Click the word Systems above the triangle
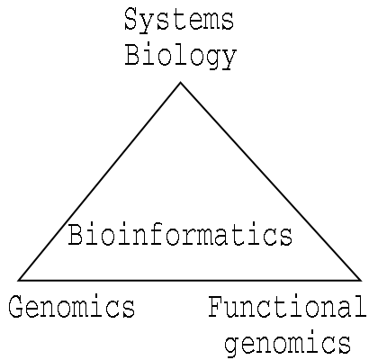(179, 21)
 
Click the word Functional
(287, 307)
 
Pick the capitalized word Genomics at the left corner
(72, 306)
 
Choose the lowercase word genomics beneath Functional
(287, 343)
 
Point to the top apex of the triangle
(180, 83)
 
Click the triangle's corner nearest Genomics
(19, 280)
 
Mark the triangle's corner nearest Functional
(360, 280)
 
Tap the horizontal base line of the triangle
(189, 280)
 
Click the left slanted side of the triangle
(99, 182)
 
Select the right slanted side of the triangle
(270, 182)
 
